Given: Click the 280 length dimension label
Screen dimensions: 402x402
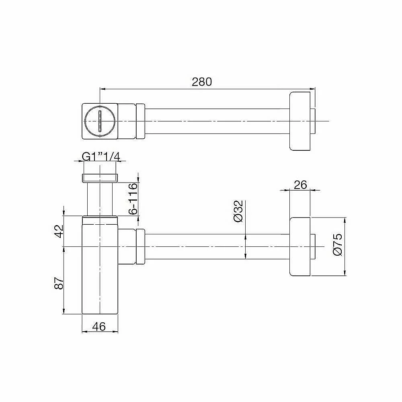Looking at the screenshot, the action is (202, 82).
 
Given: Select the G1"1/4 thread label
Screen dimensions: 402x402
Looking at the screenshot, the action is (101, 157).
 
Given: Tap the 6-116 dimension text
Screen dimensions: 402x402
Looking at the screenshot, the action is (133, 199).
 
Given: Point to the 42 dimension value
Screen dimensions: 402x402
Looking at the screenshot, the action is (59, 231).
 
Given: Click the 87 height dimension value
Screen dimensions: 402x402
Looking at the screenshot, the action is (59, 283).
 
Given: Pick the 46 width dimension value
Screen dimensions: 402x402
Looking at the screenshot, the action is (99, 326).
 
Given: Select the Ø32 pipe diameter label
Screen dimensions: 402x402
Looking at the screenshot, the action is (238, 211).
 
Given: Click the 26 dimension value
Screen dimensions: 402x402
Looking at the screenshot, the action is (300, 185).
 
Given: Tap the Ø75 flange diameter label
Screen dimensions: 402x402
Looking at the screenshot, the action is (338, 244).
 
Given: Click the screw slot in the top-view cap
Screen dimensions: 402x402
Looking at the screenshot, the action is (100, 121).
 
